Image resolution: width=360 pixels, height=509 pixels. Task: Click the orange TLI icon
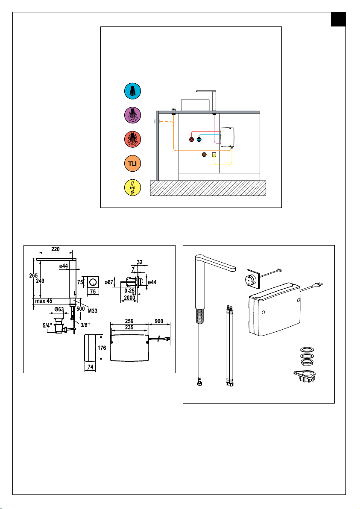pyautogui.click(x=132, y=163)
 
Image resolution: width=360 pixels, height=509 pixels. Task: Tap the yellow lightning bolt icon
pyautogui.click(x=132, y=188)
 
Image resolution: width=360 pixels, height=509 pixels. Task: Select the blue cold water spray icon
pyautogui.click(x=132, y=91)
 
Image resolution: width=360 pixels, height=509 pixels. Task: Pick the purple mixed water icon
pyautogui.click(x=132, y=115)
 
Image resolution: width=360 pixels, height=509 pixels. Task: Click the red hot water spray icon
pyautogui.click(x=132, y=140)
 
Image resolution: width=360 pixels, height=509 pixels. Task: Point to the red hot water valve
pyautogui.click(x=192, y=140)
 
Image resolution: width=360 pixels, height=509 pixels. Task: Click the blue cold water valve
pyautogui.click(x=199, y=140)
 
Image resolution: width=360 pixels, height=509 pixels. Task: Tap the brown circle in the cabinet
pyautogui.click(x=204, y=155)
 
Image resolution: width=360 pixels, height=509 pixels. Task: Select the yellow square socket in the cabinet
pyautogui.click(x=214, y=155)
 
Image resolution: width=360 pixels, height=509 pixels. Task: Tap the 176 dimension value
pyautogui.click(x=102, y=348)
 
